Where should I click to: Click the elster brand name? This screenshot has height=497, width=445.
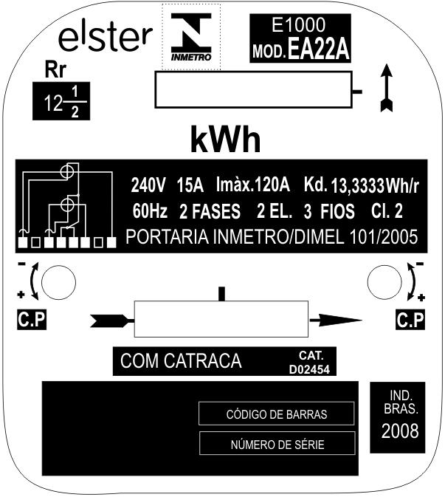click(x=106, y=38)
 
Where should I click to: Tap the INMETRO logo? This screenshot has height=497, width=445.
click(x=191, y=37)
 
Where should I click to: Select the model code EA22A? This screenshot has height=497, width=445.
click(x=318, y=49)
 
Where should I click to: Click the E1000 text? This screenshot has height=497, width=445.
click(x=298, y=24)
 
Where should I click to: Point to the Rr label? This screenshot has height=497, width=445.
click(x=55, y=70)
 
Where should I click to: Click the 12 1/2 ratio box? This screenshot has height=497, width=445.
click(x=61, y=101)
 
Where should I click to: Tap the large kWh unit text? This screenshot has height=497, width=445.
click(x=225, y=140)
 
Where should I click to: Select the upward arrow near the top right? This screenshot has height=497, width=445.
click(x=387, y=88)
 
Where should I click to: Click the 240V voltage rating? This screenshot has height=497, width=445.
click(x=148, y=185)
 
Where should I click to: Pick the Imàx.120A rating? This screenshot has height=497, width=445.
click(x=252, y=184)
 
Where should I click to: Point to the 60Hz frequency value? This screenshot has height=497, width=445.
click(x=150, y=210)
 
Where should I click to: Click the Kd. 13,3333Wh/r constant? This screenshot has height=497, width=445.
click(x=362, y=185)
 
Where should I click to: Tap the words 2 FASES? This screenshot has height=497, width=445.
click(x=210, y=211)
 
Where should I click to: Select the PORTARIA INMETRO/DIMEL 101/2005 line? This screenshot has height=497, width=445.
click(x=272, y=237)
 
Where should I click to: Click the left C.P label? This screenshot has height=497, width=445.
click(x=32, y=320)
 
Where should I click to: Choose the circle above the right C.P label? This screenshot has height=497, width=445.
click(x=384, y=282)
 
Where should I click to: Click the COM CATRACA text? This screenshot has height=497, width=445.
click(x=181, y=360)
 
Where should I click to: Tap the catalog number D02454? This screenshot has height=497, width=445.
click(x=309, y=369)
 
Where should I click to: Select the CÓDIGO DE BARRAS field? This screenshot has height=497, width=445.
click(x=277, y=414)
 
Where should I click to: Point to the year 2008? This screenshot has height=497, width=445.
click(x=400, y=431)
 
